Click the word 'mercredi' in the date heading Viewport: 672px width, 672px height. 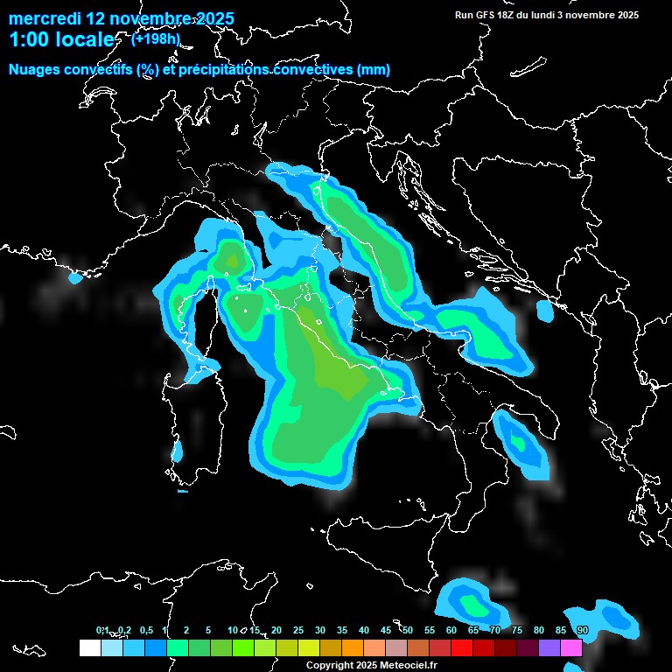point(44,18)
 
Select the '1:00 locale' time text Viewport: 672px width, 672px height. point(60,39)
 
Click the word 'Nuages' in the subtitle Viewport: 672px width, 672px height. point(34,70)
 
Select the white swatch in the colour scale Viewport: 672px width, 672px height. point(89,648)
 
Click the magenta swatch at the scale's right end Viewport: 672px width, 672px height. point(570,648)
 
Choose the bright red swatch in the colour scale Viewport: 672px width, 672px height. point(461,648)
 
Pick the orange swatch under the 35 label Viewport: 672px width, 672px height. point(352,648)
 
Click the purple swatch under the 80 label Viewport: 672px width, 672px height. point(549,648)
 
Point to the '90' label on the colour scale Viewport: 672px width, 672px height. point(582,631)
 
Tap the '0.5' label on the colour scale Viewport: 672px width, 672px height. point(146,631)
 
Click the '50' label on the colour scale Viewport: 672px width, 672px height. point(407,631)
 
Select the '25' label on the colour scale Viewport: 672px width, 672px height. point(297,631)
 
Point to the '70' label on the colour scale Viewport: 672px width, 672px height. point(494,631)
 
